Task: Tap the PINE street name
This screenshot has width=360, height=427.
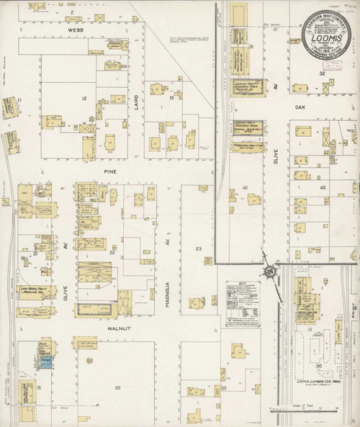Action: click(x=110, y=171)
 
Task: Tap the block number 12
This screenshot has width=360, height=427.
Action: click(x=85, y=98)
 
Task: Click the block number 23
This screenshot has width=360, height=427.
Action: click(x=199, y=248)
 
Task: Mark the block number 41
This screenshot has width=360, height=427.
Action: click(x=246, y=189)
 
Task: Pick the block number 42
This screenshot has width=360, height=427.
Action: click(x=324, y=188)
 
